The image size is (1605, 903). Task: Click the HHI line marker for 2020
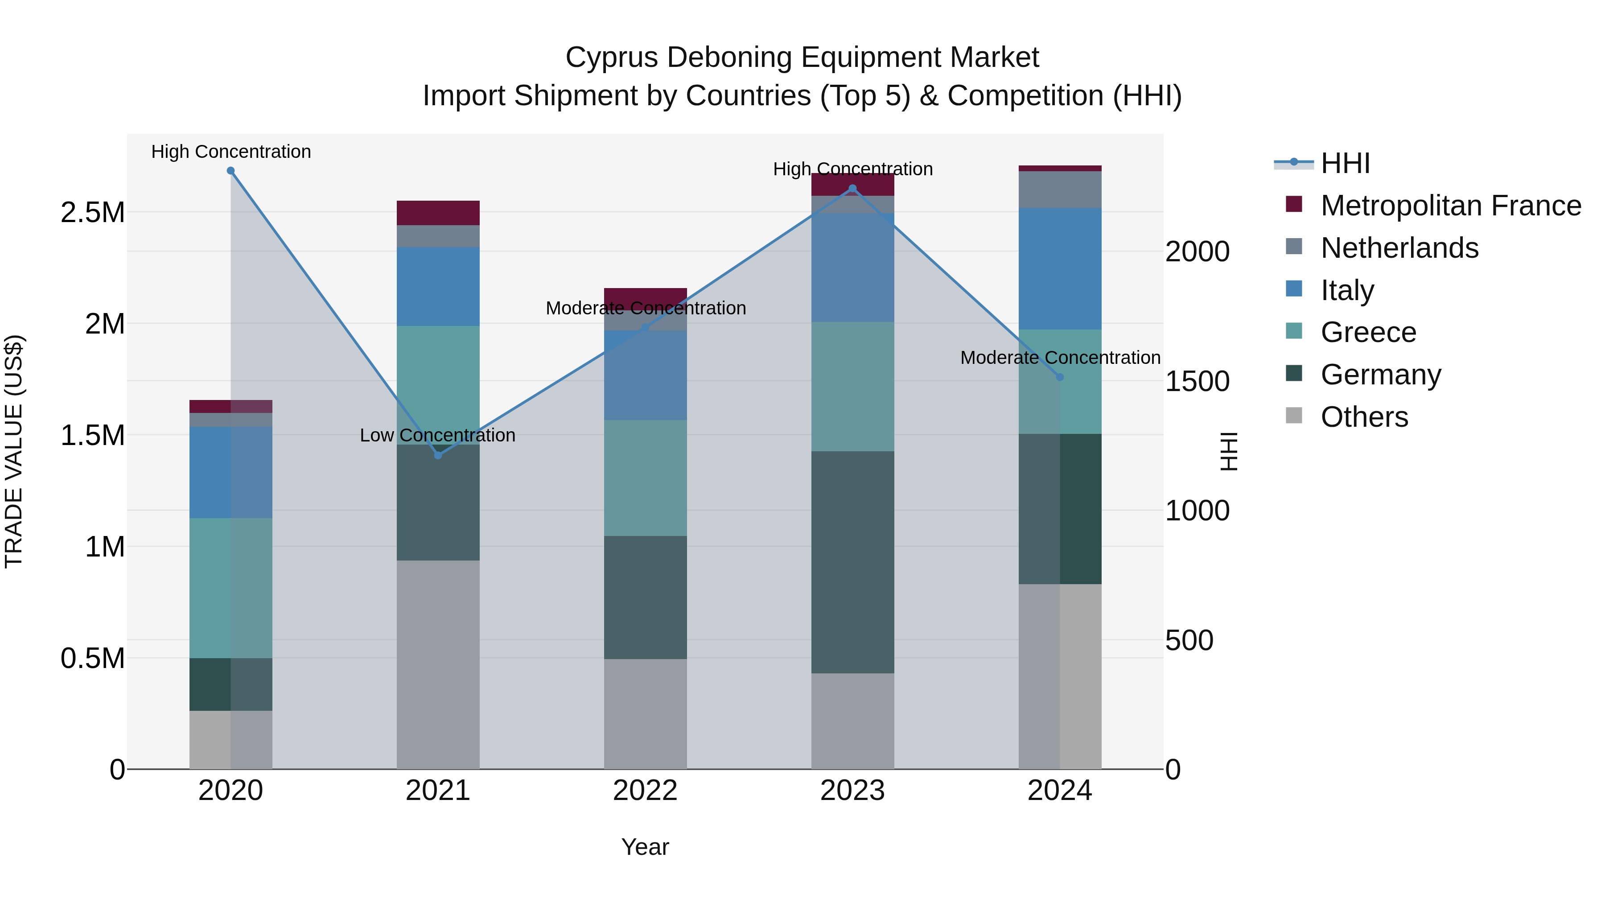click(x=230, y=171)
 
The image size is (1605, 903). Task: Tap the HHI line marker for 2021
click(x=438, y=456)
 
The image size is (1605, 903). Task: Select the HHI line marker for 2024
click(x=1060, y=377)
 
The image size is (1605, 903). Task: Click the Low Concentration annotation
click(x=437, y=435)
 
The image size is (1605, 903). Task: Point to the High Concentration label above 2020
click(x=230, y=152)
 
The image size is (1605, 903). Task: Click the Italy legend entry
click(x=1346, y=290)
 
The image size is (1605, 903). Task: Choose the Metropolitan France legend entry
click(x=1450, y=206)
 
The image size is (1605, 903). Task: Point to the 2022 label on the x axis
click(x=645, y=791)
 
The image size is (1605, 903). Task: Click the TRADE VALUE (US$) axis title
click(x=14, y=451)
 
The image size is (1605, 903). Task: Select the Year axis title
click(x=645, y=847)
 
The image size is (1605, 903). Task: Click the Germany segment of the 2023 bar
click(x=852, y=561)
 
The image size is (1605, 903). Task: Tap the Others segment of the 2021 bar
click(x=438, y=664)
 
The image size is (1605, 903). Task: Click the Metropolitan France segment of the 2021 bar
click(x=438, y=213)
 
